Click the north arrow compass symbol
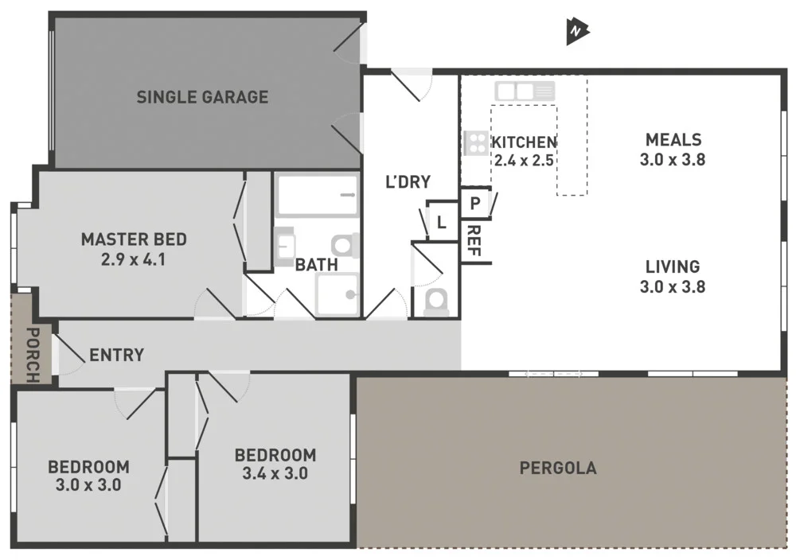[576, 31]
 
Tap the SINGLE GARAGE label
[202, 97]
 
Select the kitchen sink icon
[524, 91]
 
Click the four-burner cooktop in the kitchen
[475, 143]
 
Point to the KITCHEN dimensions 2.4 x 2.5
[524, 159]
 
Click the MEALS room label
[673, 139]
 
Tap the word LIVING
[673, 266]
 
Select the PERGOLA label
[557, 468]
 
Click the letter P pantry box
[474, 204]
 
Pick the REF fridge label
[473, 241]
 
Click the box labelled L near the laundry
[440, 223]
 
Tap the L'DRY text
[408, 182]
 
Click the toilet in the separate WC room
[436, 301]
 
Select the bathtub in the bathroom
[317, 196]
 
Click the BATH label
[316, 264]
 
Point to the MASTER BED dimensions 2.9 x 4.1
[134, 259]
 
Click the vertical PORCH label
[33, 354]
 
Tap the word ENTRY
[116, 355]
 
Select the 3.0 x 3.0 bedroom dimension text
[88, 484]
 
